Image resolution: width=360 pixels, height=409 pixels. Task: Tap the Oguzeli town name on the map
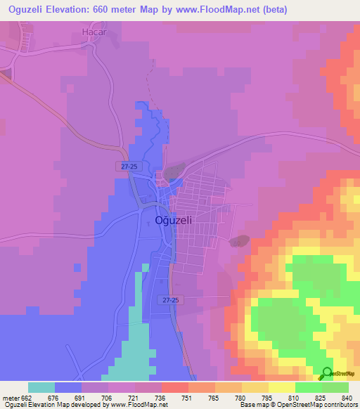coord(173,220)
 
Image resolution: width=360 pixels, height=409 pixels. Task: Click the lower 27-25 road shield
coord(169,299)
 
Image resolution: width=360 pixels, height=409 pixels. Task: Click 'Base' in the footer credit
coord(248,405)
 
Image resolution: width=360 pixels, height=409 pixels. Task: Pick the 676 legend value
coord(53,397)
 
